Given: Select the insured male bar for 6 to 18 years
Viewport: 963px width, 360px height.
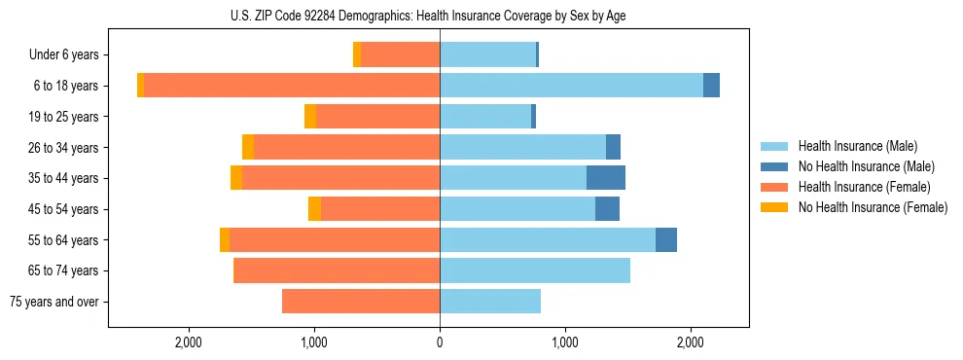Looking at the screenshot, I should [571, 86].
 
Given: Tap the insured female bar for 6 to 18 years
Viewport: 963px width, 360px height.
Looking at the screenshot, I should [292, 86].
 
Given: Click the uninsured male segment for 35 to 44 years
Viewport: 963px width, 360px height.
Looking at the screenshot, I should [606, 178].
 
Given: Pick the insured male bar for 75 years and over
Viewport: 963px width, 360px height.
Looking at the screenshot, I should [490, 302].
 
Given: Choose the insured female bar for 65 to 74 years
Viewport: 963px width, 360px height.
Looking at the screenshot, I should [337, 270].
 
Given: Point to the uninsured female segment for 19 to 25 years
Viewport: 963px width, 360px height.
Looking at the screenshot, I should [310, 117].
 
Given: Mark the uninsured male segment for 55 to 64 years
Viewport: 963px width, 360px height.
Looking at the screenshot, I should [666, 240].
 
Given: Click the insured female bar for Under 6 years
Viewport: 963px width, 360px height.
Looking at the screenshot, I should [400, 55].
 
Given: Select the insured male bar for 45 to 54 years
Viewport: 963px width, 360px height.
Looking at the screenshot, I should [517, 209].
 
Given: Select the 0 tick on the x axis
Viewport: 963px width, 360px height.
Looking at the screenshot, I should [440, 342].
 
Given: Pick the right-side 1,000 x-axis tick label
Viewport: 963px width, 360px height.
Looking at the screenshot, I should [565, 342].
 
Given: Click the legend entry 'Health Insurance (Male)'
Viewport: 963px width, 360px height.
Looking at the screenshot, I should [857, 147].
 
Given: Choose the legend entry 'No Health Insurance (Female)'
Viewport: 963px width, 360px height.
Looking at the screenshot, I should [873, 207].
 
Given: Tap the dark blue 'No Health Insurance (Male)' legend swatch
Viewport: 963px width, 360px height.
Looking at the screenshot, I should [774, 167].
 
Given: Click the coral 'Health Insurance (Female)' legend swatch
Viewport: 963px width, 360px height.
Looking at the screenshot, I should [774, 187].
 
